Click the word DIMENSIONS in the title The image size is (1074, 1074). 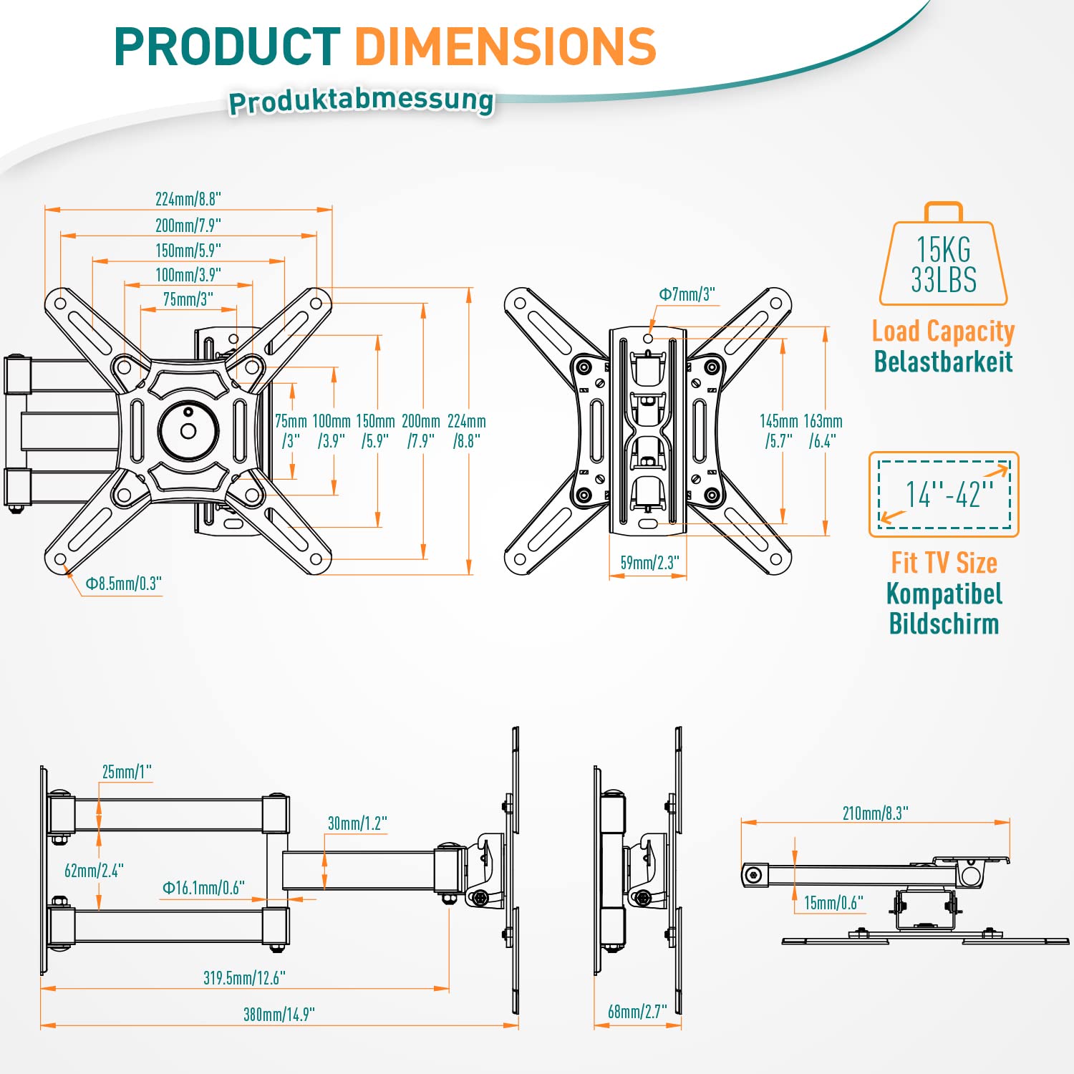coord(505,47)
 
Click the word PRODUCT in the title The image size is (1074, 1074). coord(227,47)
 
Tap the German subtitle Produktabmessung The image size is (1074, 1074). coord(361,101)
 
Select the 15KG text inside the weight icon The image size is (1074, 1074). coord(944,250)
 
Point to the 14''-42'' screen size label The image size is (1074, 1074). coord(949,494)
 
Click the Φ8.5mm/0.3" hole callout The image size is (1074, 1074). coord(123,584)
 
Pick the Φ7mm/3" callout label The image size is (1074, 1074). coord(687,294)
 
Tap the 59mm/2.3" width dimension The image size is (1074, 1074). coord(649,563)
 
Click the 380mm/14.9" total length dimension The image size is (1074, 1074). coord(279,1014)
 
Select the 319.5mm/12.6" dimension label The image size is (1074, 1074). coord(244,977)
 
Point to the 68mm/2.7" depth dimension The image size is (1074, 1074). coord(637,1011)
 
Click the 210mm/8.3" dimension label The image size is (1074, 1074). coord(875,813)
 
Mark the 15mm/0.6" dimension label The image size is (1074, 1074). coord(833,903)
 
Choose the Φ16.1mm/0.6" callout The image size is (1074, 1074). coord(203,888)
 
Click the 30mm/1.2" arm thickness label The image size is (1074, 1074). coord(357,823)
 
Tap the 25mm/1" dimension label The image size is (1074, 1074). coord(127,772)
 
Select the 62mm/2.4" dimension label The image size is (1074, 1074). coord(94,871)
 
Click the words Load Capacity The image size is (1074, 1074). coord(943,332)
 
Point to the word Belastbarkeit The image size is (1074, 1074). coord(943,362)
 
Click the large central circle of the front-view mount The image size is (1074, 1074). coord(188,430)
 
